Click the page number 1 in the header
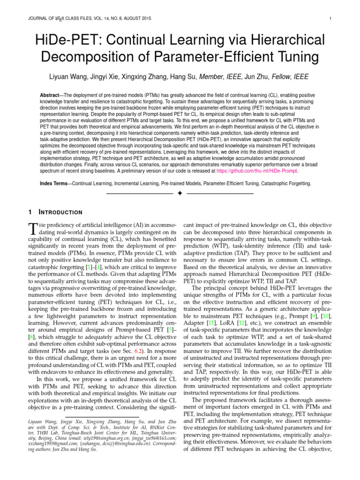[x=331, y=19]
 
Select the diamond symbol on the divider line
[x=180, y=193]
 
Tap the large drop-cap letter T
[x=33, y=228]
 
